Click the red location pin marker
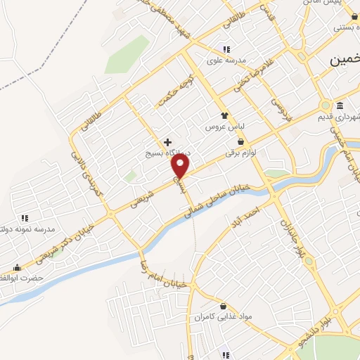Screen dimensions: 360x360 point(181,166)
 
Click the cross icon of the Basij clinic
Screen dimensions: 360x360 point(167,142)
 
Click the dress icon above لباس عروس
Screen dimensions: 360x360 point(224,115)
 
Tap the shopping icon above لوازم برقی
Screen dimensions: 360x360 point(241,141)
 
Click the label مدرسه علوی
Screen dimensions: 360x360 point(226,60)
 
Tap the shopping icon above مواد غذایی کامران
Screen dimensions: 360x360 point(224,307)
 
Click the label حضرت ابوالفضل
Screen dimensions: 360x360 point(21,278)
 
